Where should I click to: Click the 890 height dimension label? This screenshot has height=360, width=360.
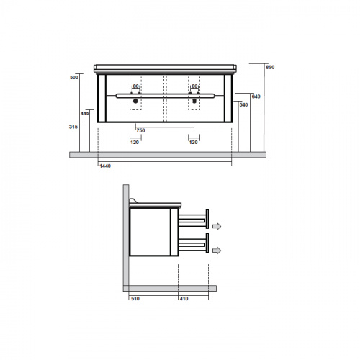[270, 68]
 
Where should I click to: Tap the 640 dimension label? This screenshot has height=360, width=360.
[256, 96]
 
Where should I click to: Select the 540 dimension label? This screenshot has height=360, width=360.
[243, 105]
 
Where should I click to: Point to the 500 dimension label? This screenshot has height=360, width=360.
[74, 78]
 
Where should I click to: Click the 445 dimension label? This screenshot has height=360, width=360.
[85, 114]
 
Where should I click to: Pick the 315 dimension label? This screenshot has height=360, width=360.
[73, 127]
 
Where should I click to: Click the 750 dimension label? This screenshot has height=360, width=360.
[140, 130]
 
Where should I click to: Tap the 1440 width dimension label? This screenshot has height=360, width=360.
[105, 166]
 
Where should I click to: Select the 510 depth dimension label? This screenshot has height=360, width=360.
[135, 299]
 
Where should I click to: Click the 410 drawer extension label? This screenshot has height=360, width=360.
[184, 299]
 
